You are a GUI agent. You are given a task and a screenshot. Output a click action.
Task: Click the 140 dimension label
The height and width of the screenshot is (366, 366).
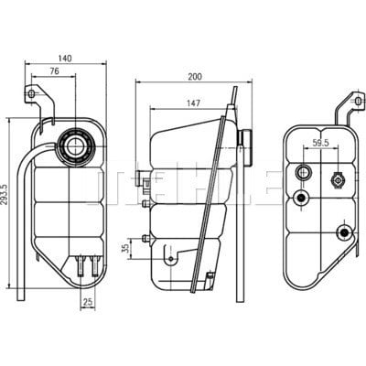65,58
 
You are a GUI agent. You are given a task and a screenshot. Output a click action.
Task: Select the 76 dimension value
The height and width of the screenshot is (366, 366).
54,71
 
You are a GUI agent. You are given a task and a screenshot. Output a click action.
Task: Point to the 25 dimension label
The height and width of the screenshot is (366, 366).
88,302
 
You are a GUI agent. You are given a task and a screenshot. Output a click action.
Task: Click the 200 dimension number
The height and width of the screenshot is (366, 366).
195,77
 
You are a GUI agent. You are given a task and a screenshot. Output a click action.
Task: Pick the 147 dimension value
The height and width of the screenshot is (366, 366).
193,103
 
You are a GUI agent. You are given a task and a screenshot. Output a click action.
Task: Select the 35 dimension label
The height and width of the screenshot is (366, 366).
125,249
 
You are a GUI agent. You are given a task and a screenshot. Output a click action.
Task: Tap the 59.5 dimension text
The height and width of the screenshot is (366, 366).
320,143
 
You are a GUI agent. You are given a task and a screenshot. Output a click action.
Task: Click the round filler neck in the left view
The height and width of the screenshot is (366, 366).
75,145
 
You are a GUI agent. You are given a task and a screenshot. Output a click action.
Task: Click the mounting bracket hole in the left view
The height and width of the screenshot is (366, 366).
31,93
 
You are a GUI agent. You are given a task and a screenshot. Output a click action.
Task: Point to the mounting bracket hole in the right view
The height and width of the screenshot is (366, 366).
358,101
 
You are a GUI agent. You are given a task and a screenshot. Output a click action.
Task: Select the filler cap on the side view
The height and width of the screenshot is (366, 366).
246,146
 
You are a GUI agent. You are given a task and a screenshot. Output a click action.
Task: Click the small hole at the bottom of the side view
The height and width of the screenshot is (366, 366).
171,259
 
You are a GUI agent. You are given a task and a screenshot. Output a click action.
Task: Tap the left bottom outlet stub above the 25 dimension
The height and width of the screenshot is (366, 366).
81,265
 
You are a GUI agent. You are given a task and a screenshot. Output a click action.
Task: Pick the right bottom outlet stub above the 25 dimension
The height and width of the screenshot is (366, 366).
95,265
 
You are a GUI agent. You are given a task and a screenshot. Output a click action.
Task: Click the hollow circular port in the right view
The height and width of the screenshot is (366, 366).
303,173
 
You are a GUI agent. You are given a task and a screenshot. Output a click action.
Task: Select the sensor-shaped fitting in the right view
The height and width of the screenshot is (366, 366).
337,180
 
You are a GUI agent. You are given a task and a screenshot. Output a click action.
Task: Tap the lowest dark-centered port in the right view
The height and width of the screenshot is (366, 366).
345,232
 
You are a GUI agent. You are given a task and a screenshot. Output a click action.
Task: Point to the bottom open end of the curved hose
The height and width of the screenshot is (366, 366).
21,300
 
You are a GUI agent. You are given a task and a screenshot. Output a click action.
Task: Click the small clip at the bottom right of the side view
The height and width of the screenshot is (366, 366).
210,280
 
